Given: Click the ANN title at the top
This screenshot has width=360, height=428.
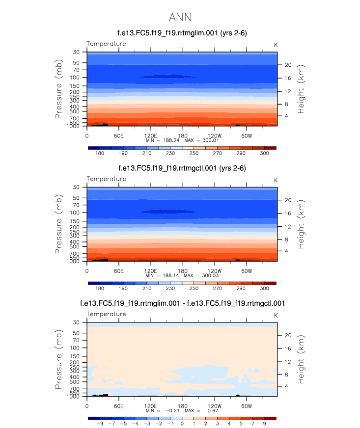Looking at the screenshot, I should (x=179, y=18).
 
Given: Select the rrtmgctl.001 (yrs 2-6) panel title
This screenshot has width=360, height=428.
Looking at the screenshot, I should (x=182, y=168).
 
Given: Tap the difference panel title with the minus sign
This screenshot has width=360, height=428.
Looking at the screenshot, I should (x=182, y=304).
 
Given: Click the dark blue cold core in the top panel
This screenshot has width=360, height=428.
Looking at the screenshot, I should (x=168, y=77).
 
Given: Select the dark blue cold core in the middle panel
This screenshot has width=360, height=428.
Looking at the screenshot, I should (x=168, y=212).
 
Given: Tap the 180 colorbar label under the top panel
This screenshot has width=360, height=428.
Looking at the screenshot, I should (x=100, y=154).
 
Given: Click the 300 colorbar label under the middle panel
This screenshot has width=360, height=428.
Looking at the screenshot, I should (x=264, y=289).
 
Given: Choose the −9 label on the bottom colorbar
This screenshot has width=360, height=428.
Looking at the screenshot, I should (x=100, y=424).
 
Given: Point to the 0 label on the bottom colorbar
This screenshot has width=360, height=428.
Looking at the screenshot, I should (x=182, y=424).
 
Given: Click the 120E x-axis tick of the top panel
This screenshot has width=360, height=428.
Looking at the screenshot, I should (x=150, y=135).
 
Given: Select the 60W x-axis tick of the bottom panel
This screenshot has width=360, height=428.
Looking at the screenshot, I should (x=246, y=405).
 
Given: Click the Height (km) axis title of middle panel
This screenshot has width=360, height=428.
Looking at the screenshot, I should (x=301, y=224).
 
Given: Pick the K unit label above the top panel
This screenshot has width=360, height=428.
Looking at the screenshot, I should (x=276, y=45).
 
